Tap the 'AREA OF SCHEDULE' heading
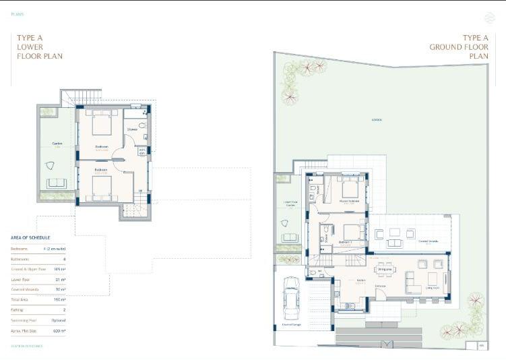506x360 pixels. click(30, 238)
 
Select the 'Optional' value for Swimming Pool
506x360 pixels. click(58, 320)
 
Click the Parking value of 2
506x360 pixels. click(63, 310)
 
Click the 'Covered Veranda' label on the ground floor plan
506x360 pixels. click(429, 241)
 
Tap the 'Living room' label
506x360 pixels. click(432, 287)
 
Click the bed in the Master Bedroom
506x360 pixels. click(350, 188)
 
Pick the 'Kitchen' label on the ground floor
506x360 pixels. click(361, 280)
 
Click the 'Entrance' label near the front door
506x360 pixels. click(380, 286)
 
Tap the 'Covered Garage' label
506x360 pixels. click(291, 324)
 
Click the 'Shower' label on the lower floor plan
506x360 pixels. click(133, 129)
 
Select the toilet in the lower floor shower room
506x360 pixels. click(142, 126)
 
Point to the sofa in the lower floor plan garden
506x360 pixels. click(57, 183)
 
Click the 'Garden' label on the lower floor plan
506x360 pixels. click(57, 144)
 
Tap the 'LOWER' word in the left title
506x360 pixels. click(31, 47)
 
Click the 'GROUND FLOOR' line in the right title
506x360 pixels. click(459, 47)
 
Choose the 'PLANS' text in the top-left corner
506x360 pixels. click(18, 14)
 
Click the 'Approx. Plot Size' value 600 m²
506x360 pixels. click(59, 331)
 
